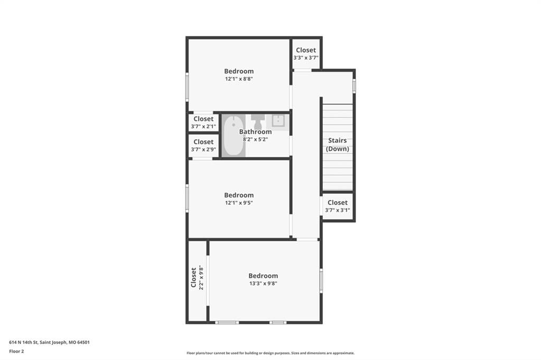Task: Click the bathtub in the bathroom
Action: click(233, 136)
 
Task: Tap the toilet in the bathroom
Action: click(258, 122)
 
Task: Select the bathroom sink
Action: click(278, 121)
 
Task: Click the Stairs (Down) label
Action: click(338, 145)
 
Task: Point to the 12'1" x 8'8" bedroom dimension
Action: click(239, 79)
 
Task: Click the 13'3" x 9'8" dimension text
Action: click(263, 283)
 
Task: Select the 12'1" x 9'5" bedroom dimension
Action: click(239, 203)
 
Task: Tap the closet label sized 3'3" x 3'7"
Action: click(306, 50)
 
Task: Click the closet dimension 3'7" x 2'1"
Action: click(203, 127)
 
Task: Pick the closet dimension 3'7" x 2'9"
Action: click(203, 150)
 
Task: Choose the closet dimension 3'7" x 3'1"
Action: click(338, 210)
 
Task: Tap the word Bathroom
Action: click(255, 132)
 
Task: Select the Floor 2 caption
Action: click(16, 352)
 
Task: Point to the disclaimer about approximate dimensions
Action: click(270, 353)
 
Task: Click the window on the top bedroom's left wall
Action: click(188, 87)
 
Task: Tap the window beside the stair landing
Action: click(354, 86)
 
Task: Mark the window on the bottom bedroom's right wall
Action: click(321, 281)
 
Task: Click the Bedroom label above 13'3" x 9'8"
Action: click(263, 276)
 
